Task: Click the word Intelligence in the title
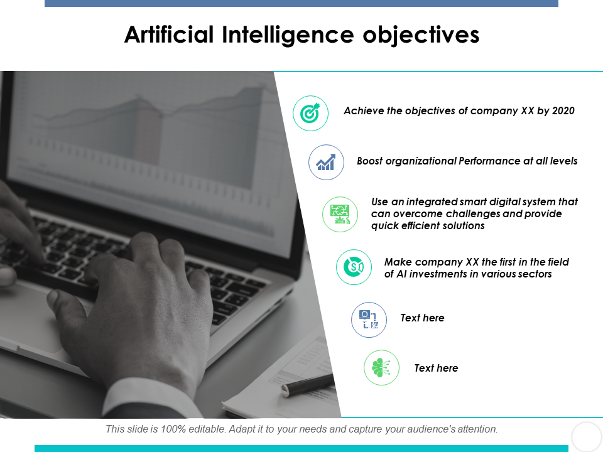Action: coord(288,35)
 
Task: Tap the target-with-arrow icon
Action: coord(310,114)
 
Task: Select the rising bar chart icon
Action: coord(326,162)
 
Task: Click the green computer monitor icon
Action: coord(340,215)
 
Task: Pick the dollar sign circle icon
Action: coord(354,267)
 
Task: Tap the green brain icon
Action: coord(381,367)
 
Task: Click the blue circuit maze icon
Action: coord(369,320)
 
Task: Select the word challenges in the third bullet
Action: coord(472,213)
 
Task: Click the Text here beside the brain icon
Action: coord(436,368)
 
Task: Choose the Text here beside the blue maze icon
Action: coord(422,318)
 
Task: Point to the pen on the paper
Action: coord(308,385)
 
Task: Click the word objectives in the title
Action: coord(421,35)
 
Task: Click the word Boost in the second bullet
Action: coord(369,161)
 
